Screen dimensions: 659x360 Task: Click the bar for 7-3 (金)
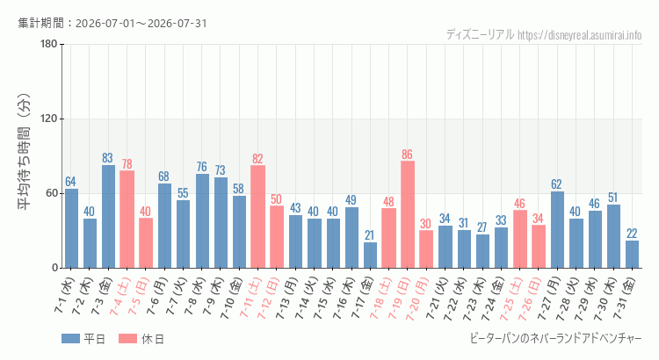(x=108, y=216)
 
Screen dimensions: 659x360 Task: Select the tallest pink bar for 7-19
(x=407, y=214)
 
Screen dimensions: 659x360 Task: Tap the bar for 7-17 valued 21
(x=370, y=255)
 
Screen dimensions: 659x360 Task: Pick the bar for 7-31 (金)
(x=632, y=254)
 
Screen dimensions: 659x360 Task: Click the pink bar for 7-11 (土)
(x=257, y=217)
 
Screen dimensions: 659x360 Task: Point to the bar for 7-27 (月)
(x=557, y=230)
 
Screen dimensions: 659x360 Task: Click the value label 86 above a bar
(x=407, y=155)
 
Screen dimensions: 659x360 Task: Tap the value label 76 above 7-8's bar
(x=202, y=166)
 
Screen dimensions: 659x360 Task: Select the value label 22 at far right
(x=632, y=234)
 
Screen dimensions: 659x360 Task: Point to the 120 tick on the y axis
(x=49, y=119)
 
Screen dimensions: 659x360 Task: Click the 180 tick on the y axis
(x=49, y=44)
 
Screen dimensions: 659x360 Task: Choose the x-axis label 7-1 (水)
(x=64, y=295)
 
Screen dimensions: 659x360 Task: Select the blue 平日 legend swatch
(x=70, y=339)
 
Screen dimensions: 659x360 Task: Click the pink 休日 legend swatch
(x=127, y=339)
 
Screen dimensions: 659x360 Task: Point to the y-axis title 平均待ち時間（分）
(x=24, y=152)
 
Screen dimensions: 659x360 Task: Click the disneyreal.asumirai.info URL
(x=580, y=35)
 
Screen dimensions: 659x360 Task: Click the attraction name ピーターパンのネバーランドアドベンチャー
(x=555, y=339)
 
